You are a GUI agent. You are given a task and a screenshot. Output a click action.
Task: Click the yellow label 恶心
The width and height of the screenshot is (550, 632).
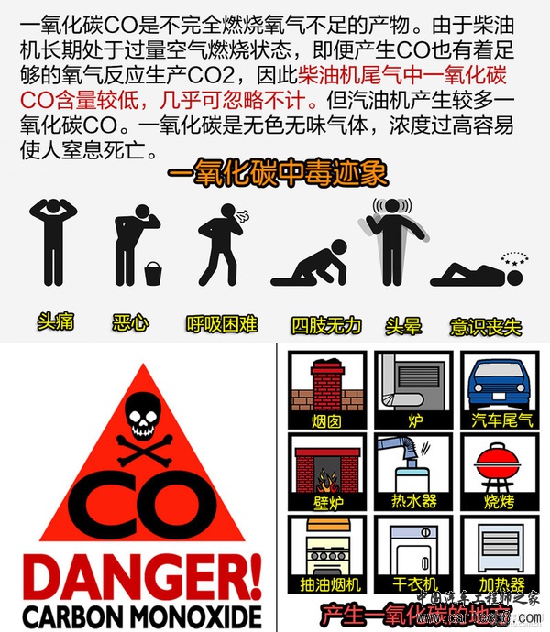[x=129, y=322]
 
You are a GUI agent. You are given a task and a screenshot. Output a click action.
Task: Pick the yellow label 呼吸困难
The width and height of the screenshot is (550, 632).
[x=222, y=323]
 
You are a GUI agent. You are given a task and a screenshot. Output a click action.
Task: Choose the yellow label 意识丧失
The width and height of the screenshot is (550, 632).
[x=486, y=325]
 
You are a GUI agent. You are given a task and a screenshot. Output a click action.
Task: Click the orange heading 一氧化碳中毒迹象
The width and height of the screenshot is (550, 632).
[x=277, y=173]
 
